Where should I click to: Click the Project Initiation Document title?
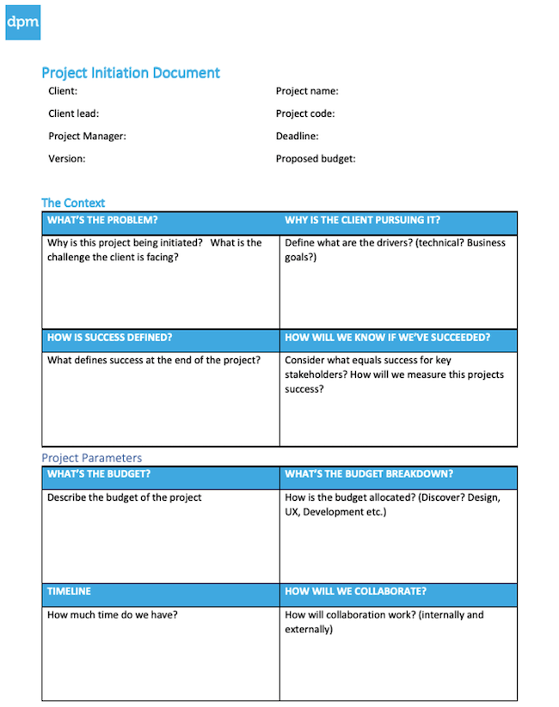coord(131,73)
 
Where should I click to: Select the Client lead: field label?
coord(73,113)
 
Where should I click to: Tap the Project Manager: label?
coord(87,136)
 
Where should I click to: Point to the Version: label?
coord(67,158)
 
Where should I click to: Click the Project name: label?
coord(307,91)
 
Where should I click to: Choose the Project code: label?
coord(305,113)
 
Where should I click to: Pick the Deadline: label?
coord(298,136)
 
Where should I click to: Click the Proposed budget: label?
coord(316,158)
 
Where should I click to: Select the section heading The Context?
coord(73,203)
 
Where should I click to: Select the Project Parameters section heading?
coord(92,458)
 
